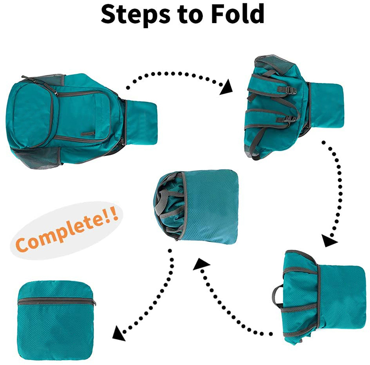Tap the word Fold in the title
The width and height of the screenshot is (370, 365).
pos(236,15)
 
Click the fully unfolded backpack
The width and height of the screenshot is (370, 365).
pos(69,116)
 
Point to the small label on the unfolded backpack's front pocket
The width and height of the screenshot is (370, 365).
pos(90,132)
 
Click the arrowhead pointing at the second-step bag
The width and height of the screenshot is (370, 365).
pos(227,88)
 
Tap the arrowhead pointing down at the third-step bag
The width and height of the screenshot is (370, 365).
pos(329,240)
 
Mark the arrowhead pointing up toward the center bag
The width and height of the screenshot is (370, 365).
pos(199,266)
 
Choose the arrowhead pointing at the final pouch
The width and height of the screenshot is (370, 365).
pos(118,334)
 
